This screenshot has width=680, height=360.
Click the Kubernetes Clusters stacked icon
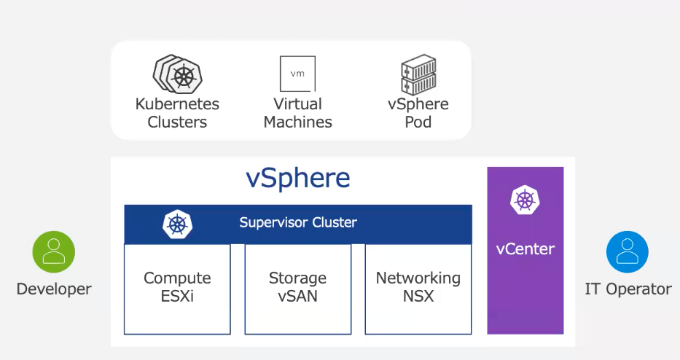coord(177,74)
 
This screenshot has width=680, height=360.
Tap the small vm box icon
coord(297,74)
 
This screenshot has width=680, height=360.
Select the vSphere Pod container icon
coord(418,74)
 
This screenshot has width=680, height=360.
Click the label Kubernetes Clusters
coord(177,113)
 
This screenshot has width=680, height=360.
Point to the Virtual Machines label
coord(297,113)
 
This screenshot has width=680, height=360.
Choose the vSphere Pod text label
coord(418,113)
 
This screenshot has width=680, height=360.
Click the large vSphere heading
coord(297,179)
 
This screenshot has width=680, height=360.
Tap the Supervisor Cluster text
coord(298,222)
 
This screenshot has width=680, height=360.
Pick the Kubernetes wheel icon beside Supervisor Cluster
coord(177,224)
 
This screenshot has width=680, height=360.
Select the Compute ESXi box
coord(177,289)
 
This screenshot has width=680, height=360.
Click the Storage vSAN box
coord(297,289)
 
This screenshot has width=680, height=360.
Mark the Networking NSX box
coord(418,289)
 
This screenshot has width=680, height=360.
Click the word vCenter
coord(525,249)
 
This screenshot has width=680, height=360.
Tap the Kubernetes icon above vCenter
coord(525,200)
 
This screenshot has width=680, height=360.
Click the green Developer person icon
coord(54,251)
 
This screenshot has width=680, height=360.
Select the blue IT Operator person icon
coord(628,251)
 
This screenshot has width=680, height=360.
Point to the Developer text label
coord(54,289)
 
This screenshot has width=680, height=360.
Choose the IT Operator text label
coord(628,289)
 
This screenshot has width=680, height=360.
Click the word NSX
coord(418,297)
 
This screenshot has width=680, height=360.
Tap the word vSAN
coord(297,297)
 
